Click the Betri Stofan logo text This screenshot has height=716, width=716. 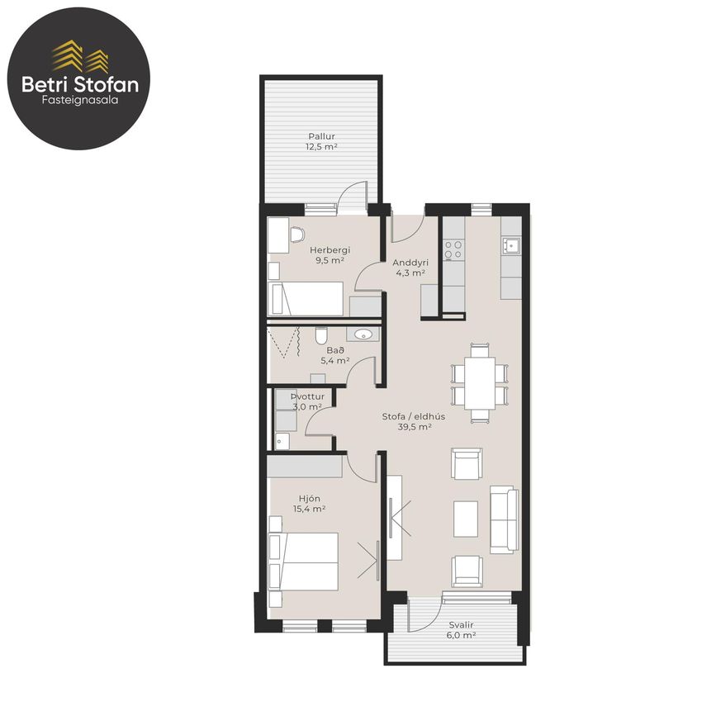pos(80,85)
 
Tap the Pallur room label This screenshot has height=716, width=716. pos(321,136)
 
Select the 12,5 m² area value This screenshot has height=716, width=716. pos(321,146)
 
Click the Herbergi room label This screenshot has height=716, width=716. pos(330,249)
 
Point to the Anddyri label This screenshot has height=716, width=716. pos(410,263)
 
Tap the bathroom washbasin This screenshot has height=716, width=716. pos(363,334)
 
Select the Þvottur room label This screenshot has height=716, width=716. pos(307,396)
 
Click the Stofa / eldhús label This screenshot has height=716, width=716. pos(414,416)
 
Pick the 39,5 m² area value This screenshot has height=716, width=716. pos(415,427)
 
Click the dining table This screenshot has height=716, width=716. pos(480,383)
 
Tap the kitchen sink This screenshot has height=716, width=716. pos(511,245)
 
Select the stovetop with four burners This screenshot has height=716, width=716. pos(453,249)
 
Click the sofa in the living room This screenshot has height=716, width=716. pos(505,519)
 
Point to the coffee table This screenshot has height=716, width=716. pos(466,519)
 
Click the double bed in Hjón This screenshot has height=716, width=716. pos(304,562)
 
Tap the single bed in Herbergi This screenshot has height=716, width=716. pos(306,298)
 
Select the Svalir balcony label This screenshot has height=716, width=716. pos(461,624)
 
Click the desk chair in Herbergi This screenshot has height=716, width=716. pos(297,235)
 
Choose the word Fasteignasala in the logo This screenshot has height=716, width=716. pos(80,100)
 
